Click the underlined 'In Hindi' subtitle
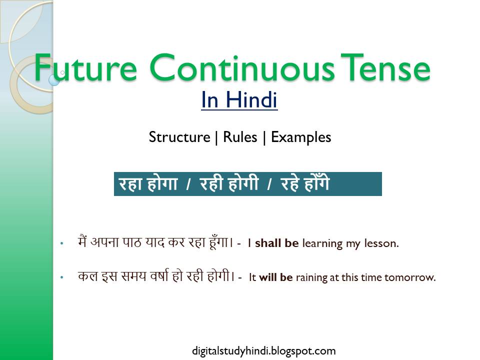239,100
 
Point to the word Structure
179,137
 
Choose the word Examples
301,137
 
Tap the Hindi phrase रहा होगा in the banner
148,184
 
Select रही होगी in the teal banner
229,184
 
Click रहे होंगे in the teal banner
305,184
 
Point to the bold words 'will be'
275,277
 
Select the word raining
311,277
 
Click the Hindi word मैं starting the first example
83,242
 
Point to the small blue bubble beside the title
54,79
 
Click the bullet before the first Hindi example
62,244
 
